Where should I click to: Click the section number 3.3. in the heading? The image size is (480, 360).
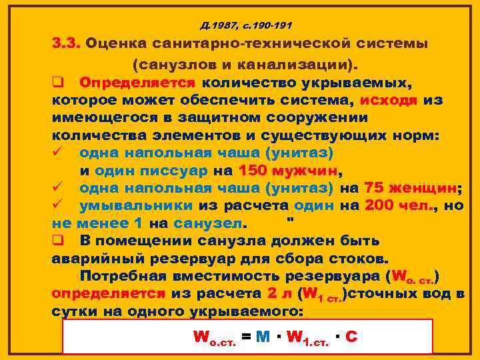coord(66,45)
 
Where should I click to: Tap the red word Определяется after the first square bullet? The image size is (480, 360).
coord(137,83)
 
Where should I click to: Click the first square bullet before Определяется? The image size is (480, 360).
coord(57,83)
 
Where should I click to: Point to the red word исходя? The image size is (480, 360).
coord(389,100)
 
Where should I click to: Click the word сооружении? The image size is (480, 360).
coord(310,117)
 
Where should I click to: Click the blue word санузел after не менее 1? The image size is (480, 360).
coord(208,222)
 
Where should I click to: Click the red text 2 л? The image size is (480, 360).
coord(278,292)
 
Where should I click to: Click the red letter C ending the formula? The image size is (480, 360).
coord(351,337)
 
